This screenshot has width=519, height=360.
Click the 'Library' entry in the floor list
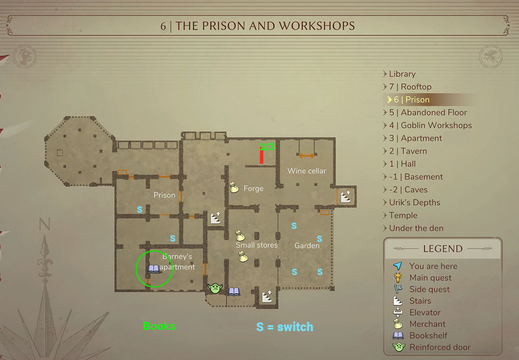tap(402, 74)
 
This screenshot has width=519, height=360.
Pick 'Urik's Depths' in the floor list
tap(414, 203)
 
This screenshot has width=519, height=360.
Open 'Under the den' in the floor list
tap(416, 229)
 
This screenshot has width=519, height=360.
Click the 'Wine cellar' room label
tap(307, 171)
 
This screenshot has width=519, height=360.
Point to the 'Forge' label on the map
tap(254, 189)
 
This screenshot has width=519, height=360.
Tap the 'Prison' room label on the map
tap(164, 195)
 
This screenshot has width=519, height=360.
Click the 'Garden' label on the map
tap(307, 246)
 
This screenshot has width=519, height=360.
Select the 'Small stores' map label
tap(257, 245)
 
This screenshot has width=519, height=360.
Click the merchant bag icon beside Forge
tap(234, 187)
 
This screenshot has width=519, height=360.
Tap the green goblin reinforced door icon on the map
tap(214, 288)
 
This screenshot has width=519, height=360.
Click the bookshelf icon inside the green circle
tap(154, 269)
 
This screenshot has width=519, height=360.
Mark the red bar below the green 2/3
tap(262, 157)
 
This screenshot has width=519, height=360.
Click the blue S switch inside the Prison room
tap(140, 209)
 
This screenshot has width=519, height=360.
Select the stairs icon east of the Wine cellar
tap(345, 196)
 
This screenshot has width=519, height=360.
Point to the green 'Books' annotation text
tap(159, 327)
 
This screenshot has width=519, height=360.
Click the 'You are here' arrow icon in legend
tap(398, 266)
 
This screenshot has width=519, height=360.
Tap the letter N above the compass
tap(44, 225)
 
